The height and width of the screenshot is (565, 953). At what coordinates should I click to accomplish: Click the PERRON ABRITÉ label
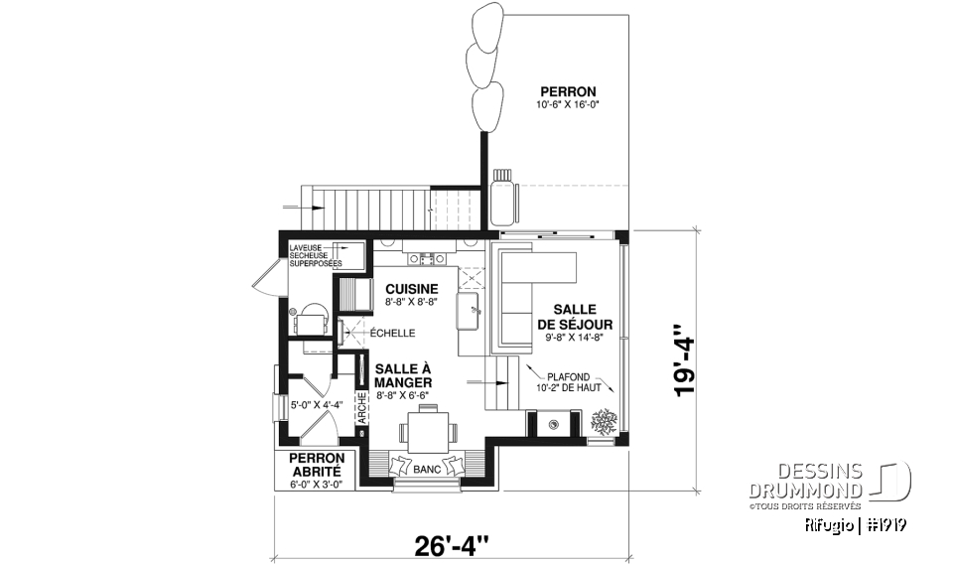(316, 466)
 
